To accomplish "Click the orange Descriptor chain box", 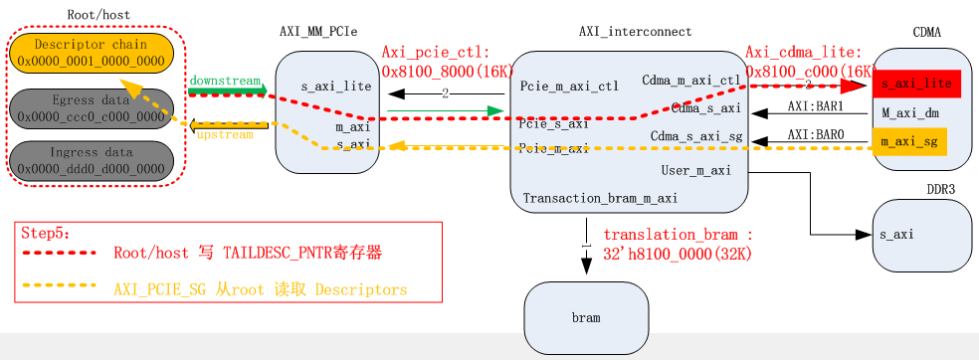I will coord(91,53).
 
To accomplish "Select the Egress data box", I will coord(91,107).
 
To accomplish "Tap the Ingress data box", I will coord(91,160).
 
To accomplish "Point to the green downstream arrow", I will coord(227,90).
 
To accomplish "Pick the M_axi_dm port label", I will coord(910,113).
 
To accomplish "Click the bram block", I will coord(585,316).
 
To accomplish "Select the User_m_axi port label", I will coord(696,171).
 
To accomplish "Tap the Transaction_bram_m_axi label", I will coord(600,198).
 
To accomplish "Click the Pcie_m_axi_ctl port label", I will coord(569,87).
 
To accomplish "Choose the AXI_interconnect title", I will coord(635,32).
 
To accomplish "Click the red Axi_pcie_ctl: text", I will coord(431,53).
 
